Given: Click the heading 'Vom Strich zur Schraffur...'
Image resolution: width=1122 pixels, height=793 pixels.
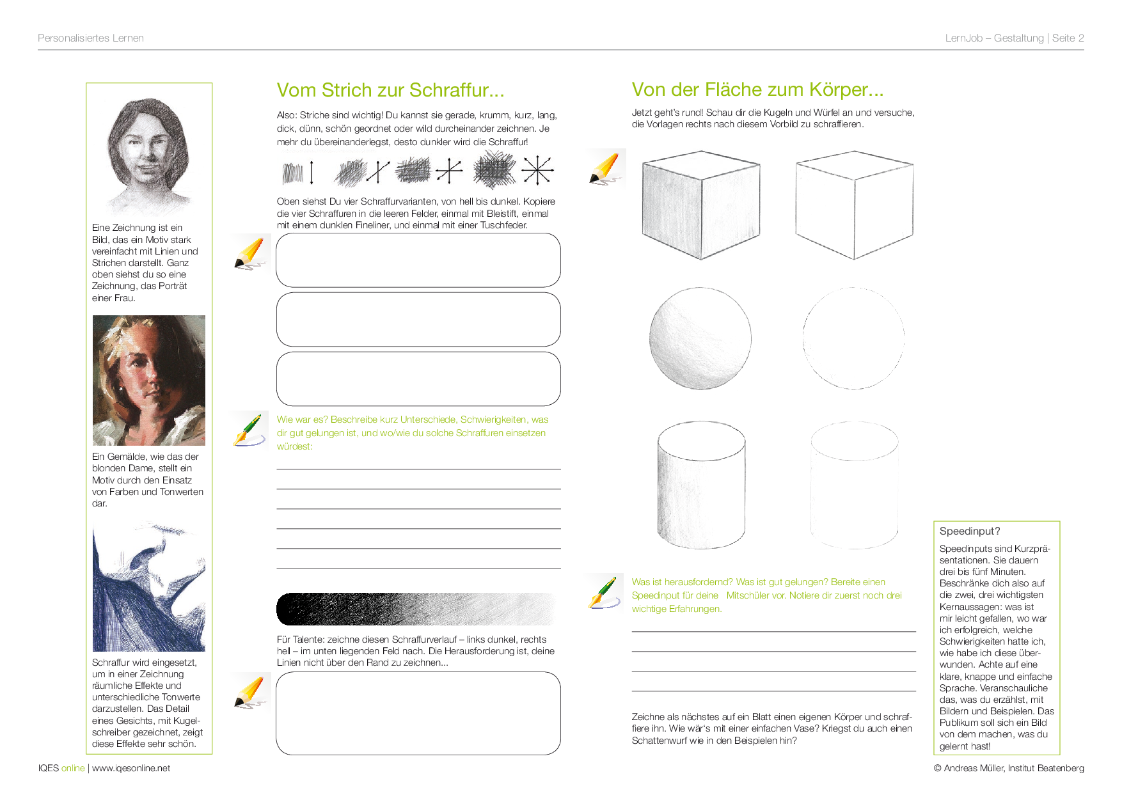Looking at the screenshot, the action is point(390,90).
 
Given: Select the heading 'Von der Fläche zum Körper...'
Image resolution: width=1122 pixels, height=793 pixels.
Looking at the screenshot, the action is point(757,90).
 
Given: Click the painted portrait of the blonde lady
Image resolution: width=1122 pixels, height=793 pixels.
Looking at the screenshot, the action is point(149,381).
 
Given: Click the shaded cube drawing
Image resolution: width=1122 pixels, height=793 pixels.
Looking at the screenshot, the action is point(701,205).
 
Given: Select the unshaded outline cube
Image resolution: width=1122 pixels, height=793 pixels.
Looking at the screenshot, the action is point(854,205).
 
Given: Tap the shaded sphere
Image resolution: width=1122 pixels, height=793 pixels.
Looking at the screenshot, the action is point(700,338).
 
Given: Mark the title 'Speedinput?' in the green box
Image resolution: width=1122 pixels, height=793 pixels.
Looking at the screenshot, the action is point(970,531).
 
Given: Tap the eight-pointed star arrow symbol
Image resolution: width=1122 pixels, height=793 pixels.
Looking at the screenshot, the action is point(537,170).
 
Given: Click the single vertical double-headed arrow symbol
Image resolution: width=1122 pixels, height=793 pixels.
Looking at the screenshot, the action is point(312,173).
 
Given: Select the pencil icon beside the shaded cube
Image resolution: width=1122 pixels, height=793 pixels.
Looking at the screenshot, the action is point(607,168).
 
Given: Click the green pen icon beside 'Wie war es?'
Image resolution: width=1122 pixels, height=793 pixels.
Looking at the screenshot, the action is point(249,429).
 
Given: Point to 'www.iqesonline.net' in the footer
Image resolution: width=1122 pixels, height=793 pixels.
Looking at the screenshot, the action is point(131,768).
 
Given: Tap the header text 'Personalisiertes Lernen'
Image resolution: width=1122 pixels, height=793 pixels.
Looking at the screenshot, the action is point(91,38).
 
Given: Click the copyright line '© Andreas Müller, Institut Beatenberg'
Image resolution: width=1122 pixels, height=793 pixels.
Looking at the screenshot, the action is point(1009,768).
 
